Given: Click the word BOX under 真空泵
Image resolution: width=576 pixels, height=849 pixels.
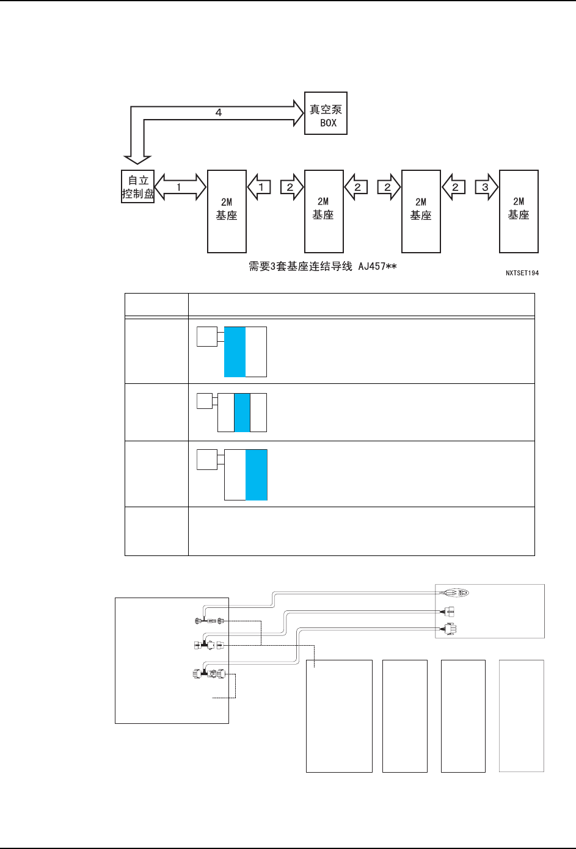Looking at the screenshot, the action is click(328, 123).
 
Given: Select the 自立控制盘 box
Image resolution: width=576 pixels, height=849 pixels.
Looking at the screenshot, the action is click(137, 187).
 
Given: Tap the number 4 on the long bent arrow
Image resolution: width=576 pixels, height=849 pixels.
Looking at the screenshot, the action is click(218, 113).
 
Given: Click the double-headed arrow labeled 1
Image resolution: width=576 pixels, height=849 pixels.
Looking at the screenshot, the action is click(180, 187).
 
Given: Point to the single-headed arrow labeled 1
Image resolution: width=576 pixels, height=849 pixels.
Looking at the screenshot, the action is click(260, 187).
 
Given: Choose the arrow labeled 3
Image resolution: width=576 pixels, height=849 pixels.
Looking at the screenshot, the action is click(485, 187).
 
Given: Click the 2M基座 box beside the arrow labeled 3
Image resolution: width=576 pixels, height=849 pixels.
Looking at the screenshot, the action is click(519, 211).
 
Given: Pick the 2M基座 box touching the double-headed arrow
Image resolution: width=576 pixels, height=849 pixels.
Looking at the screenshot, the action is click(227, 211).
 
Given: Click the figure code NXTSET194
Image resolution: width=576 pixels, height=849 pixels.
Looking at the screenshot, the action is click(522, 273).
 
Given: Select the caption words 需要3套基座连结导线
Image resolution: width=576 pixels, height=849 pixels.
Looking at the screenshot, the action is click(302, 267).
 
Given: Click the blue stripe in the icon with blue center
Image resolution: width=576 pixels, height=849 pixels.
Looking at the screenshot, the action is click(242, 413).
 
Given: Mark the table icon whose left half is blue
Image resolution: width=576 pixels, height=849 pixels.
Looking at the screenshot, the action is click(235, 352).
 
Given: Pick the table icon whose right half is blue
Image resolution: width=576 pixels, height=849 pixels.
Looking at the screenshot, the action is click(257, 475).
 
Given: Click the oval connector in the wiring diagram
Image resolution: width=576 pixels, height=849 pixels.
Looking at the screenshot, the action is click(456, 593).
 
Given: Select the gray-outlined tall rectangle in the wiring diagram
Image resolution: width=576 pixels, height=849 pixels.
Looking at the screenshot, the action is click(521, 715).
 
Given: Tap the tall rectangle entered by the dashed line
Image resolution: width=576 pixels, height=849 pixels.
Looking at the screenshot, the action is click(339, 715).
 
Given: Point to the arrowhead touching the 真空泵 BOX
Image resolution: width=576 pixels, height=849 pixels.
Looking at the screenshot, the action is click(298, 113).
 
